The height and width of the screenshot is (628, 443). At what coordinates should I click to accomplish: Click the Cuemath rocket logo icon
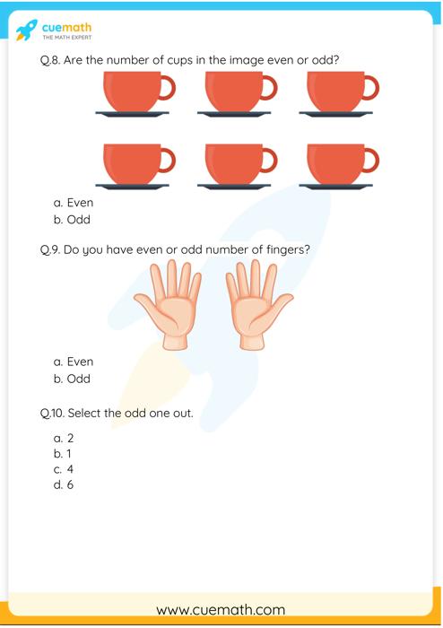tap(27, 31)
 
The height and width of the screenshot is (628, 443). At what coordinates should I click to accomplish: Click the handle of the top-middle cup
tap(268, 87)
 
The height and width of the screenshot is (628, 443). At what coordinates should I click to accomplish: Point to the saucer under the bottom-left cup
tap(132, 187)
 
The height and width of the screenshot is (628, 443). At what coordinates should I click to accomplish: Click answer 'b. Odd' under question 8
tap(72, 219)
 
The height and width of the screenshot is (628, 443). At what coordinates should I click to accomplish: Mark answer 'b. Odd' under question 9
tap(72, 379)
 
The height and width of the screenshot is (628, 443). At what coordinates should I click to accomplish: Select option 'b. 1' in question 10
tap(64, 454)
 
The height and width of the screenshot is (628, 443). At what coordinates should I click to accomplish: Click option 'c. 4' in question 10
tap(64, 469)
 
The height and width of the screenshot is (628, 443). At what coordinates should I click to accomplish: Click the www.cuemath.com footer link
tap(221, 609)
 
